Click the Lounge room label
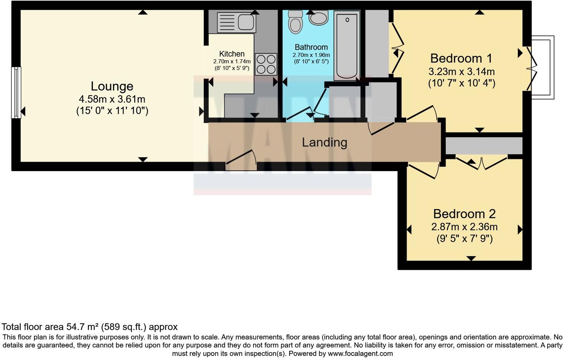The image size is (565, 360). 112,86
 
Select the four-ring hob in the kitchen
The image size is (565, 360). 266,64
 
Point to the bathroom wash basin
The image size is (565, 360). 319,18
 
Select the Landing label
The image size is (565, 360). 325,142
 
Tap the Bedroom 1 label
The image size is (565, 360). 461,58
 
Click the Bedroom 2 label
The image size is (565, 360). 464,214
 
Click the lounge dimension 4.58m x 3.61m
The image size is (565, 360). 112,99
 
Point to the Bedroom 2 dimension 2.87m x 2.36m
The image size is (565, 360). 464,227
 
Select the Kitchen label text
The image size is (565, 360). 232,54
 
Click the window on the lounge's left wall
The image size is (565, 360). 16,92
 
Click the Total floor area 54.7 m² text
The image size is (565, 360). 90,327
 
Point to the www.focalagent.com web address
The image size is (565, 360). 360,354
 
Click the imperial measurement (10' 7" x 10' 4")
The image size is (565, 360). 461,83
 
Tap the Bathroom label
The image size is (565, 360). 311,47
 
